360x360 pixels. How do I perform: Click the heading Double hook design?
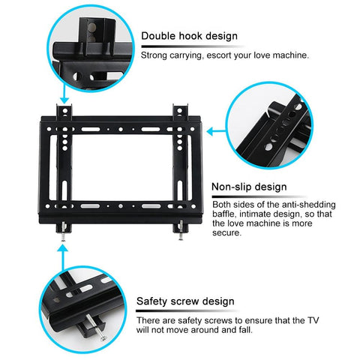click(x=189, y=36)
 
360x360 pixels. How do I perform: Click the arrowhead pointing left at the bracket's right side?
click(x=210, y=132)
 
